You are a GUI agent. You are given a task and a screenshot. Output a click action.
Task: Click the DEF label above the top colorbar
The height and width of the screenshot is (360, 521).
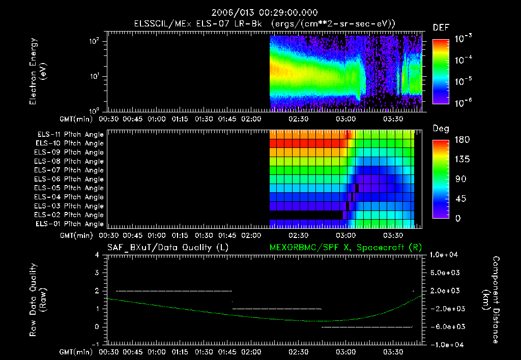[x=441, y=27]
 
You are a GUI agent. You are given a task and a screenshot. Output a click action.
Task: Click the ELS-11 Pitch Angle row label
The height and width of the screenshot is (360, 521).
[x=70, y=135]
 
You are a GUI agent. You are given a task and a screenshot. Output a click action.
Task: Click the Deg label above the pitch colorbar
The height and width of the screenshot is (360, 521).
[x=441, y=129]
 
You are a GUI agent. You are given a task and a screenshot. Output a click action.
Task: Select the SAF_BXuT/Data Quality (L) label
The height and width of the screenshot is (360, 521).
[x=167, y=248]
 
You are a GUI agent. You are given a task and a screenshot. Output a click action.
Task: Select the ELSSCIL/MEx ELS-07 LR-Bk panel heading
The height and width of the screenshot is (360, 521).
[x=264, y=23]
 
